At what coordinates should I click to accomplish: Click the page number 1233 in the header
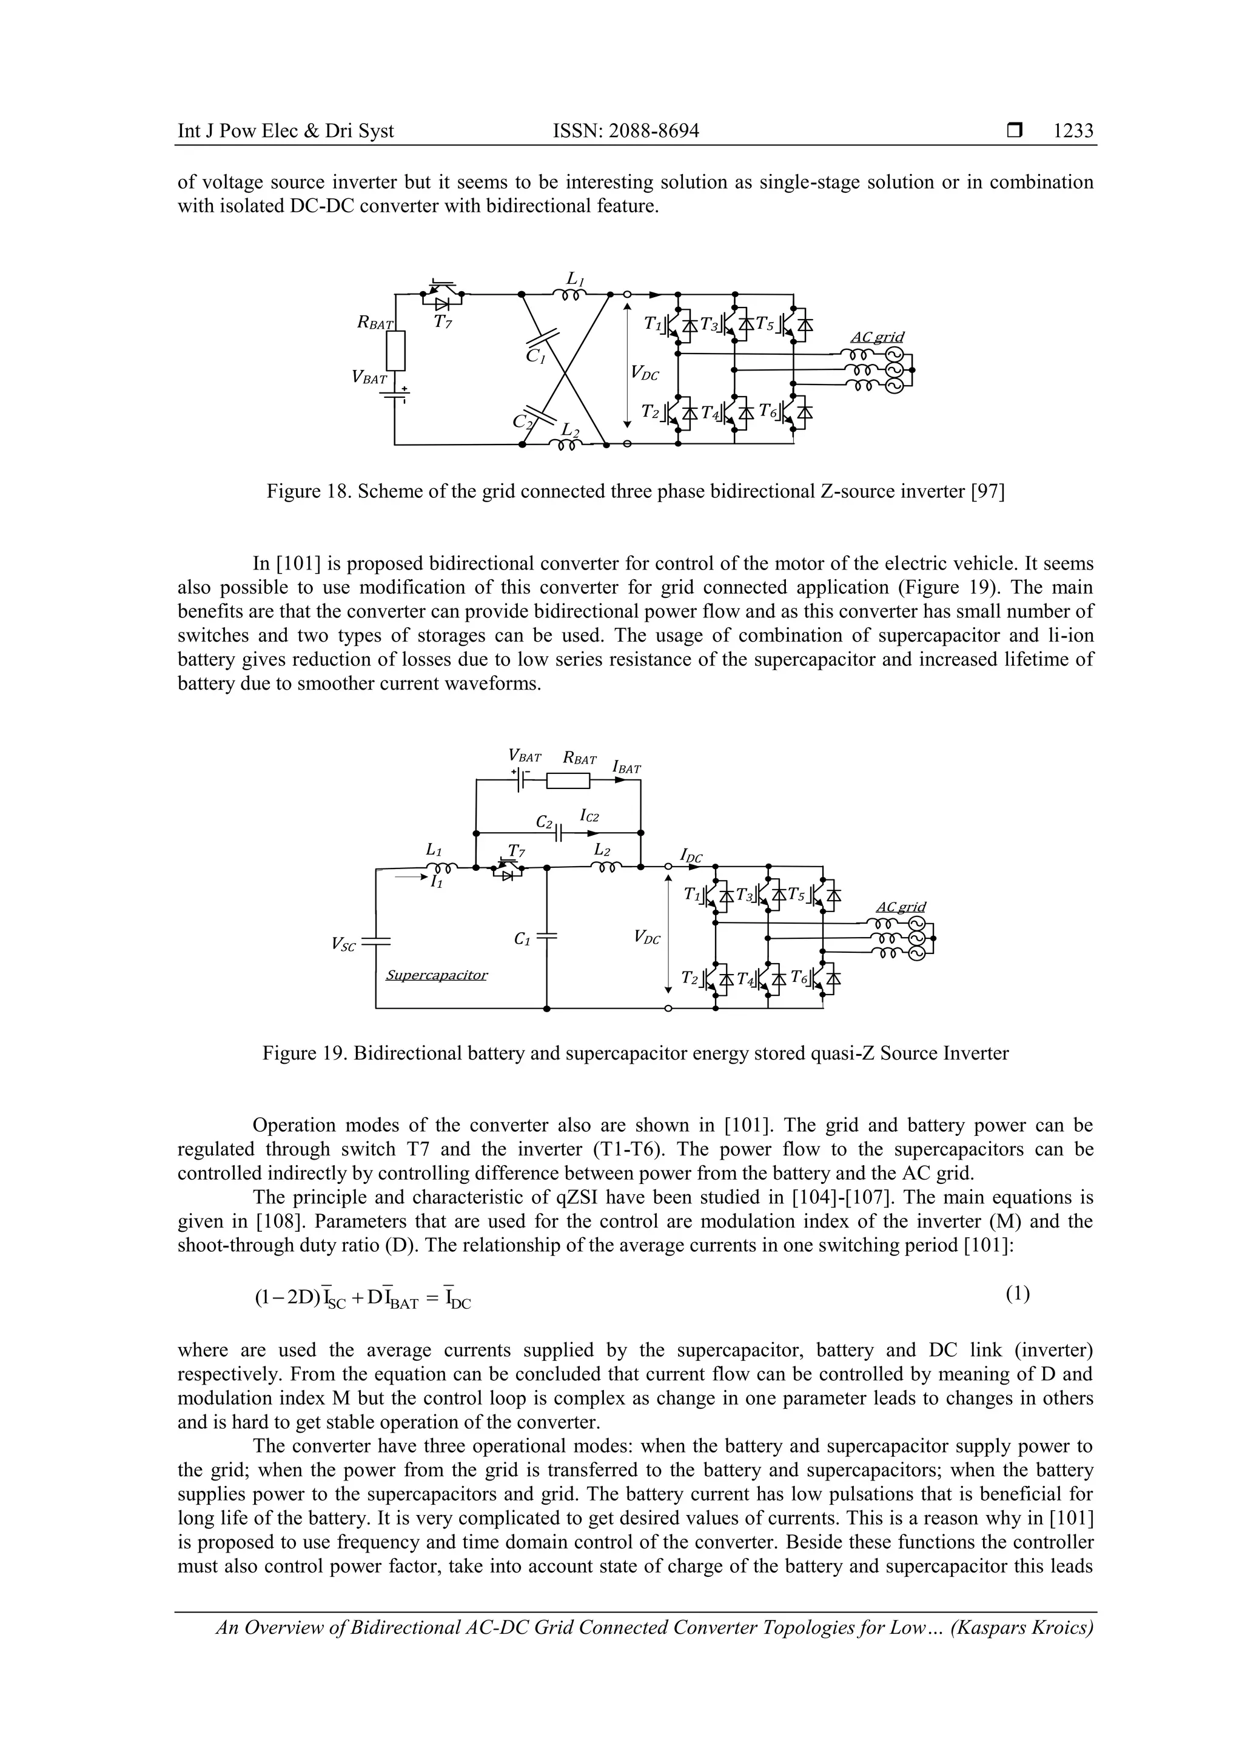pos(1073,131)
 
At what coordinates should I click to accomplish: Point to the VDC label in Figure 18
pos(644,372)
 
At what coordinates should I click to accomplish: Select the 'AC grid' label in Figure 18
pos(877,337)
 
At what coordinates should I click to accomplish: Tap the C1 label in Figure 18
pos(535,357)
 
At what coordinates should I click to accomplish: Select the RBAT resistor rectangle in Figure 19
pos(568,781)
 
